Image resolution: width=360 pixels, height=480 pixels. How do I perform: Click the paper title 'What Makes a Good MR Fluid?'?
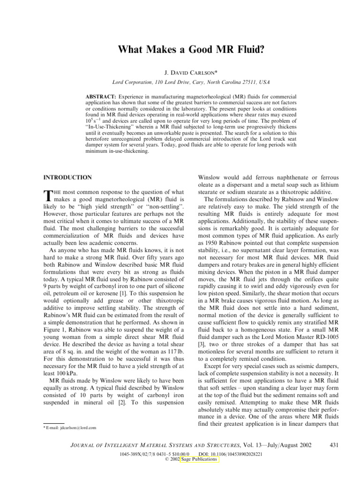click(x=180, y=48)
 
